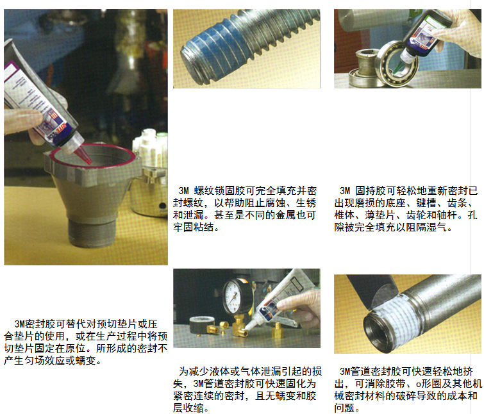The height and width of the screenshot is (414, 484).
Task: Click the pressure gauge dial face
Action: point(234,296)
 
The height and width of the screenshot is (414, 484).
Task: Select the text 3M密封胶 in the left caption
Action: point(29,324)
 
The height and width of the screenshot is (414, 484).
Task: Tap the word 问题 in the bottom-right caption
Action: point(344,408)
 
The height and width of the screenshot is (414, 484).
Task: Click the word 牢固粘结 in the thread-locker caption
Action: point(193,227)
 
